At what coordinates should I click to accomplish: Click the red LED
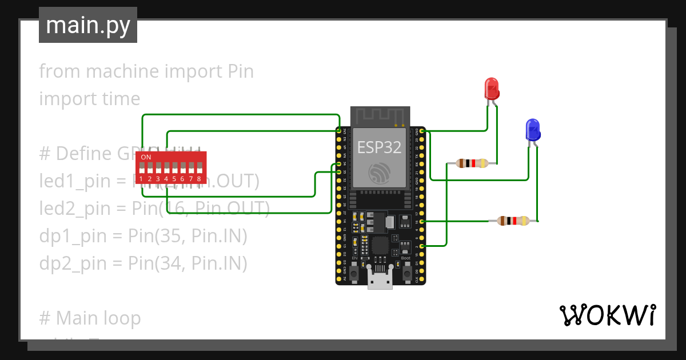pyautogui.click(x=492, y=89)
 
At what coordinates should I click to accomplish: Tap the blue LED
pyautogui.click(x=533, y=130)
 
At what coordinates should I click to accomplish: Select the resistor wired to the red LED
pyautogui.click(x=472, y=164)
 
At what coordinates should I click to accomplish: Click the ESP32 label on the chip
pyautogui.click(x=379, y=147)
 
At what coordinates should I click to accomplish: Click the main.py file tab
pyautogui.click(x=88, y=26)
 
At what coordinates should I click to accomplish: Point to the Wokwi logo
pyautogui.click(x=607, y=315)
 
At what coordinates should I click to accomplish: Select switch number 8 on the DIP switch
pyautogui.click(x=199, y=169)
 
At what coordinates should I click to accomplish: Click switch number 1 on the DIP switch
pyautogui.click(x=141, y=169)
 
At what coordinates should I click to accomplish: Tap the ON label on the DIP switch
pyautogui.click(x=146, y=157)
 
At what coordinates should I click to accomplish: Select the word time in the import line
pyautogui.click(x=121, y=99)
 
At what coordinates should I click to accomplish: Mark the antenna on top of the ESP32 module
pyautogui.click(x=380, y=116)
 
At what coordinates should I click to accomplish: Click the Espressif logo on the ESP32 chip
pyautogui.click(x=380, y=172)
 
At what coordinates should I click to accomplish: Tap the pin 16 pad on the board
pyautogui.click(x=422, y=221)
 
